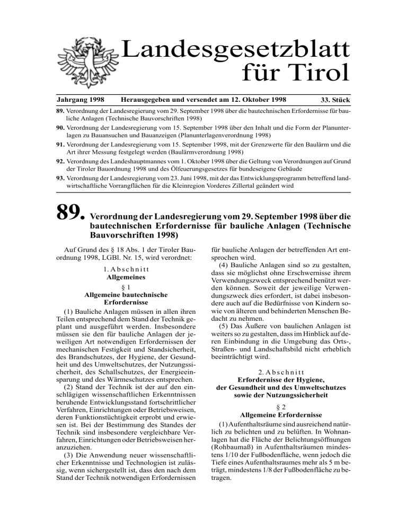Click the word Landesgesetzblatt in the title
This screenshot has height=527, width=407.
point(236,52)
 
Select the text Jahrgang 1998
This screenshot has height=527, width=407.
point(79,99)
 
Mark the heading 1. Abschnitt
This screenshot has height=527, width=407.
point(120,268)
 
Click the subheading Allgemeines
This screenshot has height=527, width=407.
point(120,277)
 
